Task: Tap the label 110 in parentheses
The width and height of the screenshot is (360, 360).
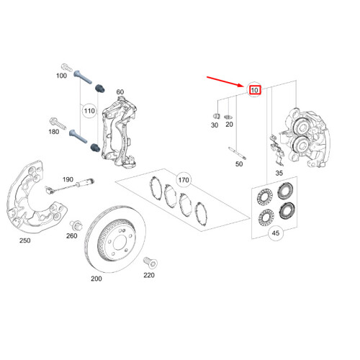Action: coord(89,112)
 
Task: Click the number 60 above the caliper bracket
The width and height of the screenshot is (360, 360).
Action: coord(120,92)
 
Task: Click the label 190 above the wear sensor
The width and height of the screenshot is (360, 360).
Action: coord(68,179)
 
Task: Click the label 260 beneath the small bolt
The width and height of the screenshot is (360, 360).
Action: coord(72,235)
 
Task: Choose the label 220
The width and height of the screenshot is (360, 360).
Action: coord(149,274)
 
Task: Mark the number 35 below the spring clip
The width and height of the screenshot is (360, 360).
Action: coord(279,174)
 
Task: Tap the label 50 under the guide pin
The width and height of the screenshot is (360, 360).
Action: coord(238,164)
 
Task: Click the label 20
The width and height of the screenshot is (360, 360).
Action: coord(230,125)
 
